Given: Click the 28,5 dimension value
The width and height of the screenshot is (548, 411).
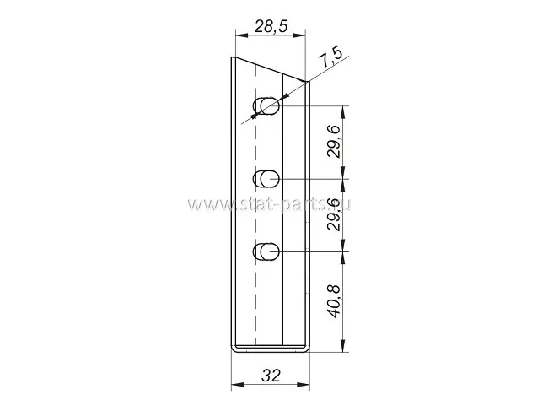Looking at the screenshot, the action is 271,26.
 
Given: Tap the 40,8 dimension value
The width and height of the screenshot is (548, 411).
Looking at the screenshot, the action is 335,301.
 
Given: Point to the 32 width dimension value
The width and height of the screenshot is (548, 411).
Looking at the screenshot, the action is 271,376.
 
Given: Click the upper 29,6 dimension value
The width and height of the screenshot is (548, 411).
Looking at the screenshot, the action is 334,142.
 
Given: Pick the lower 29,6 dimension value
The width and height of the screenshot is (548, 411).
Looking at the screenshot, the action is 334,214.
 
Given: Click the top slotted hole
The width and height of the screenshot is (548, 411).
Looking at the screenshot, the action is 266,105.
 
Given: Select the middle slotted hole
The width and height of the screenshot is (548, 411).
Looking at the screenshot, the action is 266,179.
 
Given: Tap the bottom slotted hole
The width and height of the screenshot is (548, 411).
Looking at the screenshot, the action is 266,251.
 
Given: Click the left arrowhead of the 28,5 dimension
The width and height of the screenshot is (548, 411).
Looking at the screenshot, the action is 242,35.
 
